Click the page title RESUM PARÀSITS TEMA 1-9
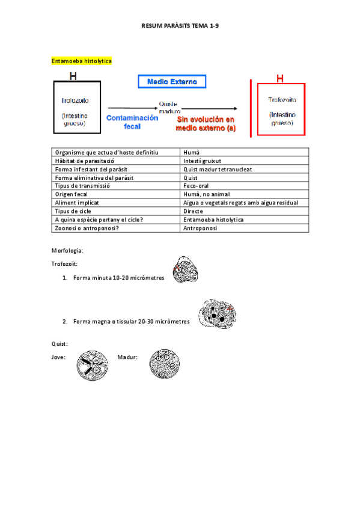[x=180, y=26]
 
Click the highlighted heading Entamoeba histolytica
[x=82, y=61]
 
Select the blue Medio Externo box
[x=172, y=81]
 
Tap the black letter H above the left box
[x=73, y=76]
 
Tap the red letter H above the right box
[x=279, y=79]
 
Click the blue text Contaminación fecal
[x=132, y=122]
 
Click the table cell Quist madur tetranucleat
[x=218, y=169]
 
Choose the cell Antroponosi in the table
[x=200, y=228]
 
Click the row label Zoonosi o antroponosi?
[x=87, y=228]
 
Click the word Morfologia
[x=67, y=250]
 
